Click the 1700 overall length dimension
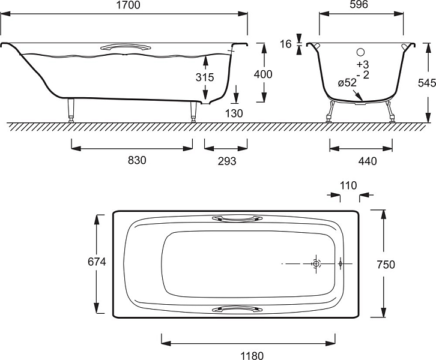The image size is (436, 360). click(128, 5)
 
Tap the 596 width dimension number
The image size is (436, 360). click(359, 4)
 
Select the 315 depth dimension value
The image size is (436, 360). click(205, 77)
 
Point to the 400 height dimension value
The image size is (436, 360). click(263, 74)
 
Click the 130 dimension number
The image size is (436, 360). click(234, 113)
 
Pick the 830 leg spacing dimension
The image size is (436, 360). click(137, 160)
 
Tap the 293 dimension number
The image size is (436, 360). click(227, 161)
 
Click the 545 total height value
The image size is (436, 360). click(427, 83)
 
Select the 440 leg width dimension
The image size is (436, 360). click(368, 161)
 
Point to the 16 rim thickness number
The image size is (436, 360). click(286, 44)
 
